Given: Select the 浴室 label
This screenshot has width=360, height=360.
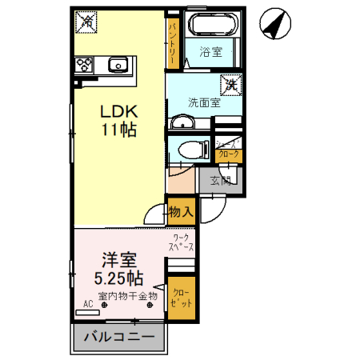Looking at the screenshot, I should (210, 53).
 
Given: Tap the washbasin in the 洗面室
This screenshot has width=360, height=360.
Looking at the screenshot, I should (183, 122).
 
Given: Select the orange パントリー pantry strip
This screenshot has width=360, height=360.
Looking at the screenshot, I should (173, 42).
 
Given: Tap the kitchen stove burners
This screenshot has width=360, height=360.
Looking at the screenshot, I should (85, 65).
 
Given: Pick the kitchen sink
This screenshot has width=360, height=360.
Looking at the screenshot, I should (118, 64).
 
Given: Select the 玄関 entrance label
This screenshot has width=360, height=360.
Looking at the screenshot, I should (220, 180).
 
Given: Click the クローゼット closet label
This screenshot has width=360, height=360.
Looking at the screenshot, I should (180, 298).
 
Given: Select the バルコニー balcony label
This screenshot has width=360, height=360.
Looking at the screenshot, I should (119, 337).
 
